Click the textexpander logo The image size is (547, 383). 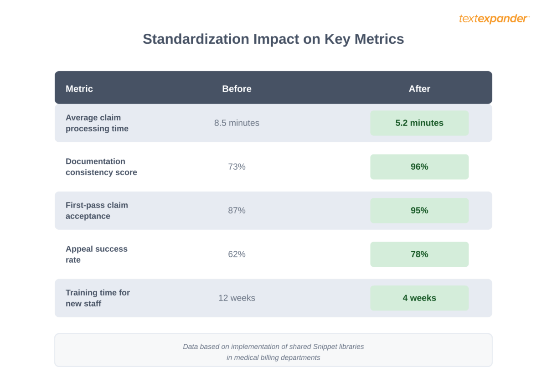[x=494, y=19]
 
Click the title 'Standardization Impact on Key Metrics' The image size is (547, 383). [x=273, y=39]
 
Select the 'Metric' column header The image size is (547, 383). [x=79, y=89]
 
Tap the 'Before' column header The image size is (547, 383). [x=237, y=89]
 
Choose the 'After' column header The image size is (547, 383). [x=419, y=89]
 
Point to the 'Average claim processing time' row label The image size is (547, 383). [x=97, y=123]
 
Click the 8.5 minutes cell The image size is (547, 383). [x=237, y=123]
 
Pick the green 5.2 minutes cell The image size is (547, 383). [x=419, y=123]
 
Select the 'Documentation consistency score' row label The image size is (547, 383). [x=101, y=167]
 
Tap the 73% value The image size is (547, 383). [x=237, y=167]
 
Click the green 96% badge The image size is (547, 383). [x=419, y=167]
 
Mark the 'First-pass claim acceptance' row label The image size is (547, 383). [x=97, y=211]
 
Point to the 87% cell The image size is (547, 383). [x=237, y=211]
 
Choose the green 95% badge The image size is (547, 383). [x=419, y=211]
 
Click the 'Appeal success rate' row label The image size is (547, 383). [x=97, y=254]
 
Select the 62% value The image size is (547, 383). [x=237, y=254]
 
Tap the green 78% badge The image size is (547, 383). [x=419, y=254]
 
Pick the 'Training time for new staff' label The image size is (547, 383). [x=98, y=298]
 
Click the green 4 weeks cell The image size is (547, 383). [x=419, y=298]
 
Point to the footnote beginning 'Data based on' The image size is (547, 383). [x=273, y=352]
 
